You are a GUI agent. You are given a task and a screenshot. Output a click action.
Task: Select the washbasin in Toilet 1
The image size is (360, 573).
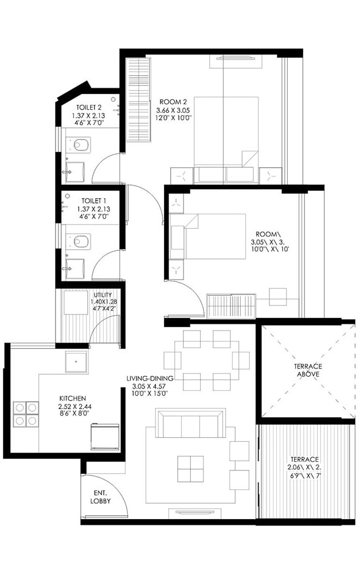pos(75,267)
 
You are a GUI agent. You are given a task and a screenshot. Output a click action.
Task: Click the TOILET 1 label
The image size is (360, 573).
pos(93,200)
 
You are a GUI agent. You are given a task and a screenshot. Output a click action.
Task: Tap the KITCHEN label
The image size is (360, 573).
pos(73,398)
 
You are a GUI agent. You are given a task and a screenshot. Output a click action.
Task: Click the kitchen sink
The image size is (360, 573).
pos(76,362)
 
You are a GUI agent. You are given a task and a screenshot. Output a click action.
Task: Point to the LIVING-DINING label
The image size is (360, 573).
pos(150,378)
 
